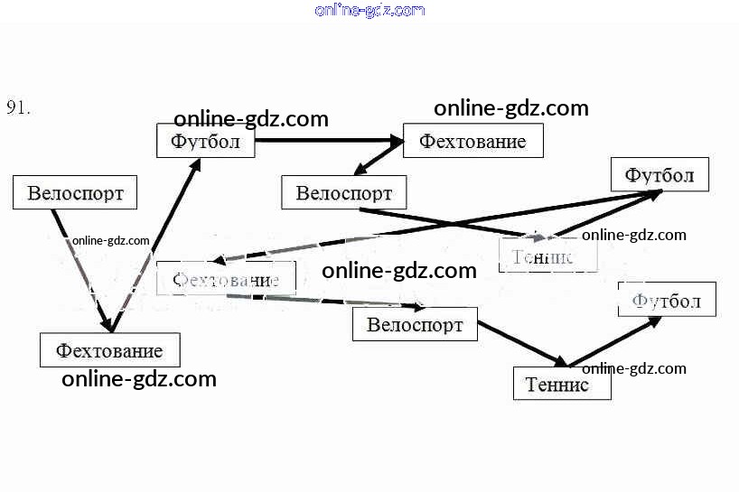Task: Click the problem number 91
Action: (19, 107)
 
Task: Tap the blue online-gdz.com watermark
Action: (369, 10)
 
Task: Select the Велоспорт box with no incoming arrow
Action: (75, 192)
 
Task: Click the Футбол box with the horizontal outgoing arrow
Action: (205, 142)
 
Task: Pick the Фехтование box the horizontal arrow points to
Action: (473, 142)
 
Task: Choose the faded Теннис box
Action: (548, 256)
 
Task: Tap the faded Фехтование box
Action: (226, 279)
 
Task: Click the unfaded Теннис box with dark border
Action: (562, 385)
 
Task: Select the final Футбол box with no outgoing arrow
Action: (667, 300)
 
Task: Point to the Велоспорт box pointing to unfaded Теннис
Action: (415, 324)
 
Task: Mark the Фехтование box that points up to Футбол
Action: (109, 349)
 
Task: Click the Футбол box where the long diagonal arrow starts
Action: (659, 175)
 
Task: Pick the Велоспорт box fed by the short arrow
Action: (344, 193)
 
